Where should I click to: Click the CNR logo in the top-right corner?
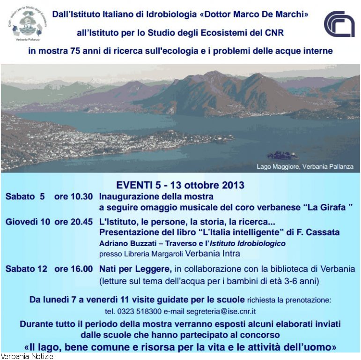click(339, 24)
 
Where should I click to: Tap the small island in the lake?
click(282, 155)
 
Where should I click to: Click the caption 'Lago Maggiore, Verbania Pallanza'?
click(305, 166)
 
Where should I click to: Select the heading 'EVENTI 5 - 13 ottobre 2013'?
click(180, 185)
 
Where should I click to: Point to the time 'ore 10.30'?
click(74, 197)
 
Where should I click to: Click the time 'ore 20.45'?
click(74, 222)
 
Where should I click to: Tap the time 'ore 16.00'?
click(74, 269)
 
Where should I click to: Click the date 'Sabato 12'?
click(26, 269)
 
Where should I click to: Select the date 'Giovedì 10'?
click(28, 222)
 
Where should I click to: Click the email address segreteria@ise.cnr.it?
click(221, 311)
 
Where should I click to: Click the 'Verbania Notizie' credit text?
click(27, 356)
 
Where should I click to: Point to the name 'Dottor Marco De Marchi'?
click(255, 15)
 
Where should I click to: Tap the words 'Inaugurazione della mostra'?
click(156, 197)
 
